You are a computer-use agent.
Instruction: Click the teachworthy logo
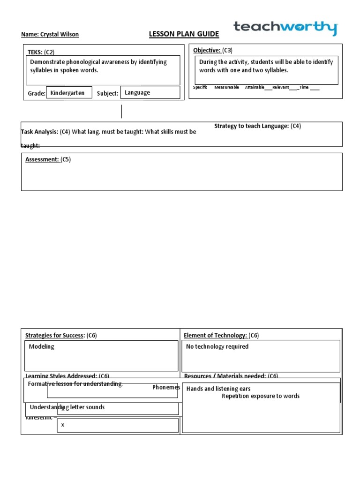(x=285, y=28)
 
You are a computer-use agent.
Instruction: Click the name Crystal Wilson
(x=50, y=34)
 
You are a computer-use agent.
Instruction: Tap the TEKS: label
(x=35, y=52)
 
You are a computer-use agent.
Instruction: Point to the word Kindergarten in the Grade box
(x=67, y=93)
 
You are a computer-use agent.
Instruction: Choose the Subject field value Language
(x=137, y=92)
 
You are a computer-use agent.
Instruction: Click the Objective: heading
(x=207, y=50)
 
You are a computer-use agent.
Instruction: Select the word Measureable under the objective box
(x=226, y=87)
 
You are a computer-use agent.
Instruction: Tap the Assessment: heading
(x=42, y=159)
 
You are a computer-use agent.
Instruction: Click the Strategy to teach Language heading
(x=252, y=126)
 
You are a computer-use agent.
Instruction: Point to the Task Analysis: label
(x=39, y=132)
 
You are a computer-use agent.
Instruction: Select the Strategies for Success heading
(x=55, y=335)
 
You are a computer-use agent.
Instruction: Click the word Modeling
(x=42, y=346)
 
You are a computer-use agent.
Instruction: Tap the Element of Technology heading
(x=215, y=335)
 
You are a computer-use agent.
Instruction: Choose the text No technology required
(x=217, y=346)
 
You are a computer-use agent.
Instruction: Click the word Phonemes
(x=166, y=387)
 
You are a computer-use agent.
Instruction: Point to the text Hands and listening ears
(x=218, y=389)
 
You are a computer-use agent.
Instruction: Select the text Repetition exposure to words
(x=261, y=396)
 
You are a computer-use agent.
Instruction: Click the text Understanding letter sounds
(x=67, y=407)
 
